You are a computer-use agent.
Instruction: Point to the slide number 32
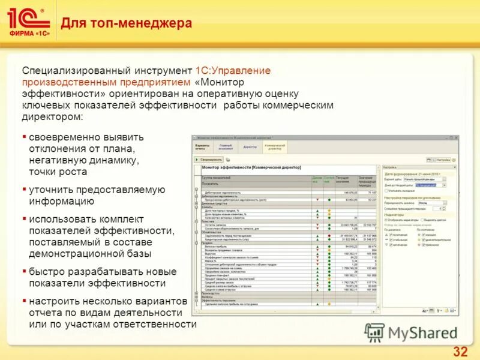point(460,351)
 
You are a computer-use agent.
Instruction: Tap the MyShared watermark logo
point(411,333)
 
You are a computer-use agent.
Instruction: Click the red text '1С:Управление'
point(233,71)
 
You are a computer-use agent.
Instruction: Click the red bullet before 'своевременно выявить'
point(24,137)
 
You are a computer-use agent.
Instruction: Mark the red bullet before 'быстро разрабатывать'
point(24,271)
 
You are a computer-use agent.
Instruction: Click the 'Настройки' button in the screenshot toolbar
point(443,160)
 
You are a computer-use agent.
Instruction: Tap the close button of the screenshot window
point(455,137)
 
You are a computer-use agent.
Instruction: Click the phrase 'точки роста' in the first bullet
point(58,172)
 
